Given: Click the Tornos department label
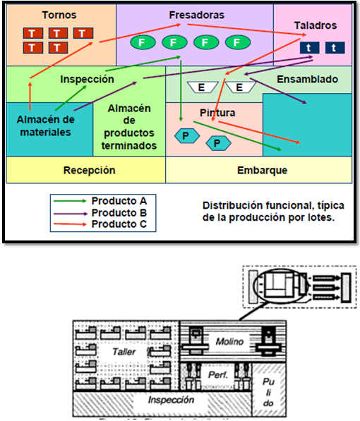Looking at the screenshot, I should pyautogui.click(x=60, y=15).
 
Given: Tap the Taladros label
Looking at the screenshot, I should pyautogui.click(x=316, y=25).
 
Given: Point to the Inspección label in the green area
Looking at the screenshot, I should pyautogui.click(x=87, y=80).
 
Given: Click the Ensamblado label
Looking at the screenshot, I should pyautogui.click(x=307, y=79).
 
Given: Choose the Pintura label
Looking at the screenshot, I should pyautogui.click(x=217, y=113).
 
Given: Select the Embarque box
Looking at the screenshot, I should pyautogui.click(x=260, y=171).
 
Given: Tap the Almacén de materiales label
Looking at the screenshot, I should pyautogui.click(x=44, y=126).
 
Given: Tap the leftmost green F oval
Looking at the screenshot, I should pyautogui.click(x=142, y=43).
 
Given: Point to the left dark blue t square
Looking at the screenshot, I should pyautogui.click(x=309, y=48).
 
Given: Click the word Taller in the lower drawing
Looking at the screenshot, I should pyautogui.click(x=126, y=350).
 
